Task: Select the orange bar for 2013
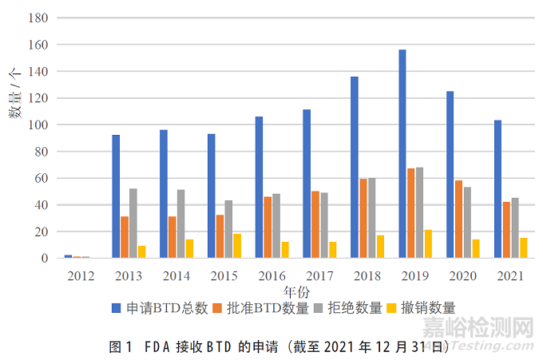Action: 125,237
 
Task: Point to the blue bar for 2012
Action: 68,256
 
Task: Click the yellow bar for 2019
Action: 429,243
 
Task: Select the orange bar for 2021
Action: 507,230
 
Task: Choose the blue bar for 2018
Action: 355,168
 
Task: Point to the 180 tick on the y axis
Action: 38,18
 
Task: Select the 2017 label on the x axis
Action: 320,276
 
